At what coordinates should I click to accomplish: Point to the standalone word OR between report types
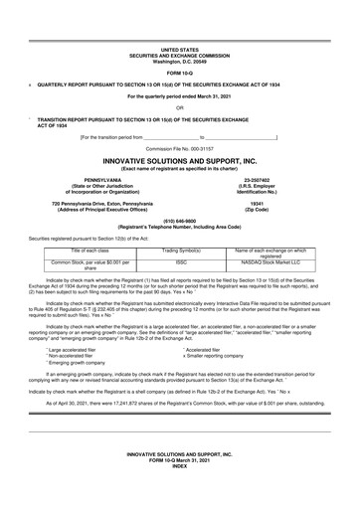pyautogui.click(x=179, y=108)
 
